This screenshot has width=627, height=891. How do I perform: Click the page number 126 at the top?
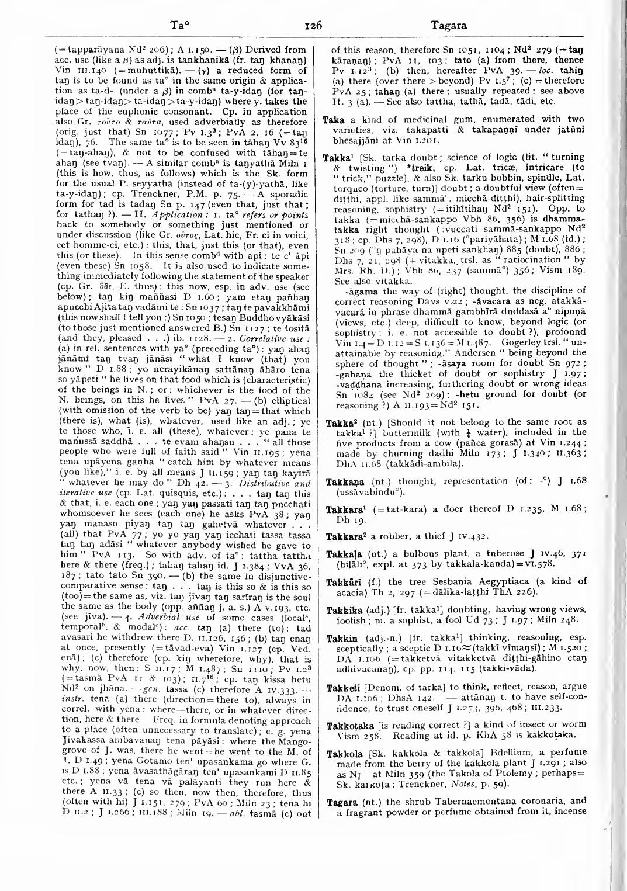313,25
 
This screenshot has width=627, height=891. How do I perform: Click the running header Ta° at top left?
179,26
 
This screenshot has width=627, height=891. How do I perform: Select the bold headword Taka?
332,119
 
